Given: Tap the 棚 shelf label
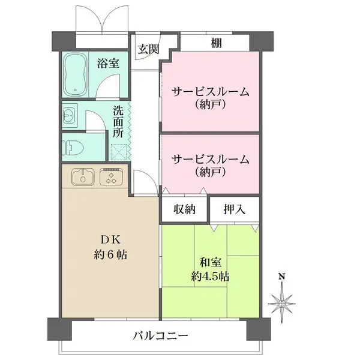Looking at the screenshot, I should [215, 43].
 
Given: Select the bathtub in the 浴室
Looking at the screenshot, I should [77, 75].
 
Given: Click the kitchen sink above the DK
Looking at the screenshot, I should [82, 177].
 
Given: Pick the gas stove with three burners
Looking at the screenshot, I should [110, 177].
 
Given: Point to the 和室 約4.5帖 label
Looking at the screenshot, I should [210, 269].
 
